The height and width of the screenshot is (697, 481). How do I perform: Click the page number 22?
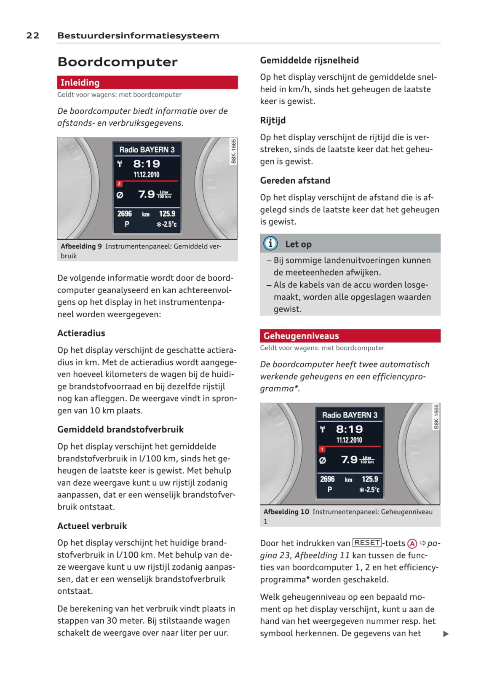(33, 35)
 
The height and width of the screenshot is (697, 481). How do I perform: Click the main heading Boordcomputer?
(118, 62)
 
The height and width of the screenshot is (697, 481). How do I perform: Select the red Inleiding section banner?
(147, 83)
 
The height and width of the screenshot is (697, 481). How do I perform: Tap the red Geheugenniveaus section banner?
(350, 336)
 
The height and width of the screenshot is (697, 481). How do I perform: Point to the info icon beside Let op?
(270, 244)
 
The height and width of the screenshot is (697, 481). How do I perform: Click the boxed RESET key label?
(367, 543)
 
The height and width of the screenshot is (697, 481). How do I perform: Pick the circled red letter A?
(412, 544)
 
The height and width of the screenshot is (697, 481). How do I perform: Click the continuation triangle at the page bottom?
(446, 634)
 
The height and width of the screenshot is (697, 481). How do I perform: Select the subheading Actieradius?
(81, 333)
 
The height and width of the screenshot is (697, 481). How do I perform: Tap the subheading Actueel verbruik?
(92, 526)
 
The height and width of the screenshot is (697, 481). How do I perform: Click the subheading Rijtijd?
(273, 121)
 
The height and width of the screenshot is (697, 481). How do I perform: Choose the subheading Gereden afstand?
(295, 181)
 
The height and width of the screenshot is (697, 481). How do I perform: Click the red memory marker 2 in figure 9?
(119, 184)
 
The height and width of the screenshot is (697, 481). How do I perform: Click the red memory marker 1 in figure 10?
(322, 449)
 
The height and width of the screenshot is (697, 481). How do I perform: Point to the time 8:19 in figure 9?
(147, 164)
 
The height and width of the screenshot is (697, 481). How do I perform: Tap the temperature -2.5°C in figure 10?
(369, 490)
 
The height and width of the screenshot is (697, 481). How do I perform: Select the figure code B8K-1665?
(234, 151)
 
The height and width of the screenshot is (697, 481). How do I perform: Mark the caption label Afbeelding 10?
(286, 512)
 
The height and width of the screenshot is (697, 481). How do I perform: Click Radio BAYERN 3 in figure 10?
(350, 415)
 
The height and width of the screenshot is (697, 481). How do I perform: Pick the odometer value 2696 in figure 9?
(125, 214)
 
